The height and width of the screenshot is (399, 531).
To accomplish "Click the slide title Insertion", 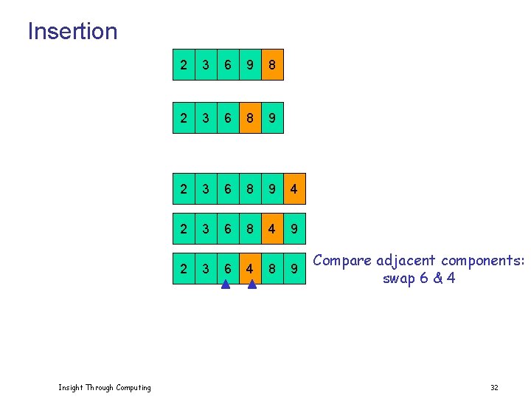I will pos(72,31).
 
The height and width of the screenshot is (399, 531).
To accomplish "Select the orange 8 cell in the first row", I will pos(272,65).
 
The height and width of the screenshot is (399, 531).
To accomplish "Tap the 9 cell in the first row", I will pos(250,65).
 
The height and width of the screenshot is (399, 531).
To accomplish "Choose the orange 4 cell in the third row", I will pos(294,190).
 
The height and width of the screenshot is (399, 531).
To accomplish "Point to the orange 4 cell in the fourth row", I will pos(272,229).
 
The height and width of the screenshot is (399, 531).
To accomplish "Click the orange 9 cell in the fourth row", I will pos(294,229).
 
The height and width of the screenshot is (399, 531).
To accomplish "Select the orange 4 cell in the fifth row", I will pos(250,269).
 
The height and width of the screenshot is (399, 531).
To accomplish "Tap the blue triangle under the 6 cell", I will pos(226,283).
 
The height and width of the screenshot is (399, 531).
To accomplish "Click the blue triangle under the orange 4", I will pos(251,283).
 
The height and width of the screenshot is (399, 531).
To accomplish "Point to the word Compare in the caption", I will pos(342,261).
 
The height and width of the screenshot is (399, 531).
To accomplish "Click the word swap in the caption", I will pos(398,279).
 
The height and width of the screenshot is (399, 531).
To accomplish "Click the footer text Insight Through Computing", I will pos(105,387).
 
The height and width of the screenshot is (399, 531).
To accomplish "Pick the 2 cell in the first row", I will pos(184,65).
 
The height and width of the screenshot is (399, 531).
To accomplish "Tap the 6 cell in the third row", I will pos(228,190).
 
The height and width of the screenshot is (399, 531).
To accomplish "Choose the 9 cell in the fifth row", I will pos(294,269).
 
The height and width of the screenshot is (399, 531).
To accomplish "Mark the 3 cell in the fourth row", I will pos(206,229).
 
